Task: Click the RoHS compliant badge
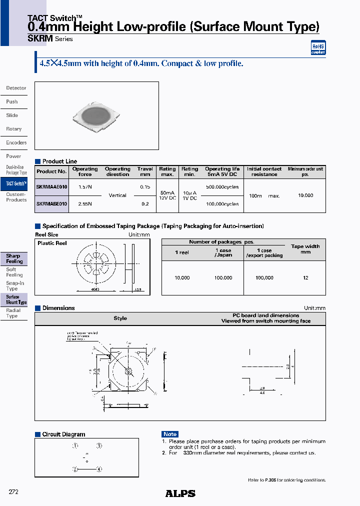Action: click(x=318, y=48)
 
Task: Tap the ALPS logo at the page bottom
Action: click(x=180, y=493)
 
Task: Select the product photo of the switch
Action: click(x=96, y=116)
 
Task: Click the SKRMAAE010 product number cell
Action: click(x=51, y=186)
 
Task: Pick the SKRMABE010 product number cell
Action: click(x=51, y=204)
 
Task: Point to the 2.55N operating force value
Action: click(x=85, y=204)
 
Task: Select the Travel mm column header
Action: click(x=145, y=171)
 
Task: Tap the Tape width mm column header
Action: click(x=305, y=249)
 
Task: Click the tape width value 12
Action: click(x=305, y=277)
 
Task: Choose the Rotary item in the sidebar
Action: click(x=14, y=129)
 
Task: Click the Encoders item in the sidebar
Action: click(x=16, y=142)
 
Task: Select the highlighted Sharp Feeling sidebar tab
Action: click(x=14, y=258)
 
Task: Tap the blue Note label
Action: click(x=170, y=434)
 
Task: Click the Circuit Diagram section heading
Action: click(x=63, y=434)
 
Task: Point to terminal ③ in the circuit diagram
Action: click(x=99, y=445)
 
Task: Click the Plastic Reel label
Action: click(x=52, y=243)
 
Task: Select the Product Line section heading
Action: click(x=59, y=161)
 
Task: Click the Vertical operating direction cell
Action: click(x=117, y=195)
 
